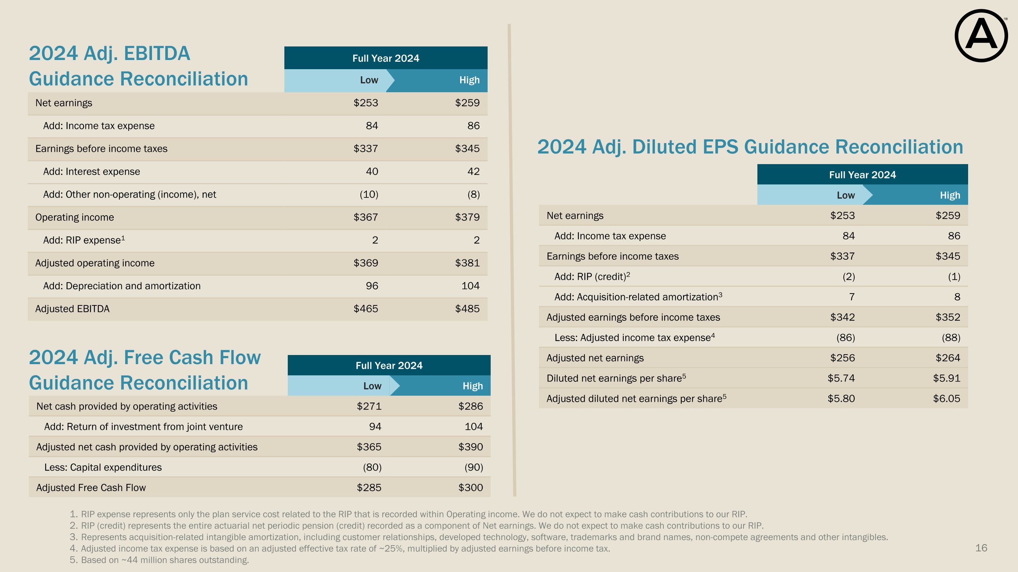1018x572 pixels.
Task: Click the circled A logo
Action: coord(981,36)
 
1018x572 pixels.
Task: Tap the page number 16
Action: coord(981,548)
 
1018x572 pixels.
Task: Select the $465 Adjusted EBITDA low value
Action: coord(365,309)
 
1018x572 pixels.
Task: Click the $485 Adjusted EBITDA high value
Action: coord(467,309)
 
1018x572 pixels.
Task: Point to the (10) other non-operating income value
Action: coord(369,194)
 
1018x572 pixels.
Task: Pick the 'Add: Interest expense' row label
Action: coord(91,171)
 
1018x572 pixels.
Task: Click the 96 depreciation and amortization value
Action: coord(372,286)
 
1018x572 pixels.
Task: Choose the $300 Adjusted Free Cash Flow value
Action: coord(470,488)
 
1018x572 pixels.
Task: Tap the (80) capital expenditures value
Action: coord(372,467)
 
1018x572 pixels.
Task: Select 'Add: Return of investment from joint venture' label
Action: coord(143,427)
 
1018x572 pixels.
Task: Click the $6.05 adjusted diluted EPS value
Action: coord(946,399)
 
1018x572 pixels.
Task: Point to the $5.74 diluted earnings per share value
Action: coord(841,378)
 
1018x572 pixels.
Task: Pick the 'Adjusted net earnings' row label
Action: coord(595,358)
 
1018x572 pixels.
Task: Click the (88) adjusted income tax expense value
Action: coord(951,337)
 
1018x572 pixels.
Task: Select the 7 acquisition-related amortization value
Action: coord(852,297)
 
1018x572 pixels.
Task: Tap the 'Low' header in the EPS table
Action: coord(846,195)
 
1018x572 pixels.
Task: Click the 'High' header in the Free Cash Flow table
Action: coord(473,386)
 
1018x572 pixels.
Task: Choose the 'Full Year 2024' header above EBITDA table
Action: coord(386,58)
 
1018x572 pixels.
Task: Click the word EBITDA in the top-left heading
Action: coord(157,54)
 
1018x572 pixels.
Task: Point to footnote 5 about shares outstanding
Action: coord(165,560)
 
